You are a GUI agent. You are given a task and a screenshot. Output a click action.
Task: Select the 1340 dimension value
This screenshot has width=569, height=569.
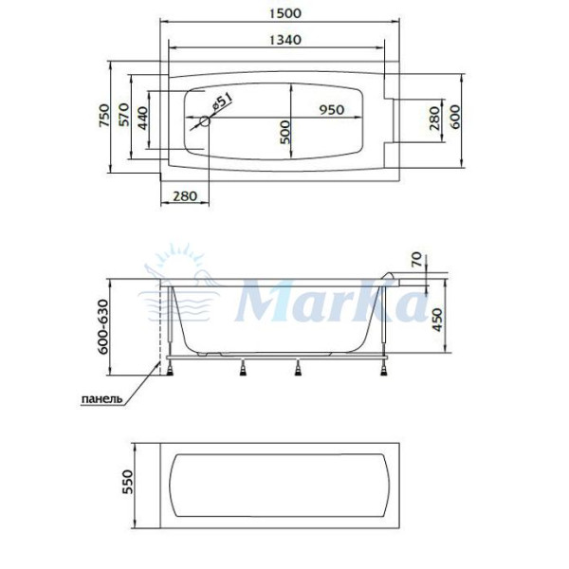[x=277, y=40]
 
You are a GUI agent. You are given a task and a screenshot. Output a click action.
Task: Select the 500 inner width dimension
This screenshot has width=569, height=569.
[x=284, y=130]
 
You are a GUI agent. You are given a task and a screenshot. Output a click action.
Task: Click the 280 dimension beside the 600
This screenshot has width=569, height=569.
[x=434, y=117]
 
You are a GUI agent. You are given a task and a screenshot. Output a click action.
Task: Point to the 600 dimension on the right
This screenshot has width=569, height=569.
[x=455, y=117]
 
